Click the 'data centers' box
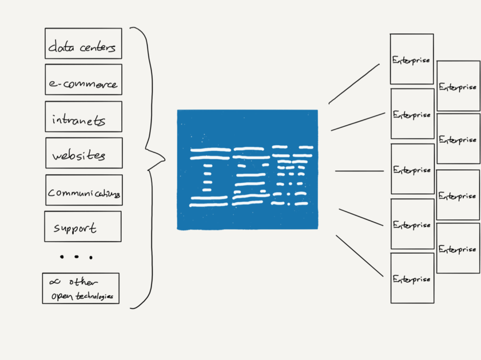tap(83, 43)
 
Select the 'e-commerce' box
tap(84, 79)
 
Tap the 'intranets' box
tap(84, 117)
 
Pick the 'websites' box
tap(84, 153)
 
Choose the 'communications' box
tap(84, 190)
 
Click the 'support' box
tap(82, 226)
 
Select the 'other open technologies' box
tap(81, 288)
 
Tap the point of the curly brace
tap(163, 158)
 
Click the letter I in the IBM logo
tap(208, 175)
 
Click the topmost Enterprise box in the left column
tap(412, 59)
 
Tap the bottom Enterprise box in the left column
tap(412, 278)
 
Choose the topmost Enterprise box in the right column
tap(458, 86)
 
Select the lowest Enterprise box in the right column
tap(458, 248)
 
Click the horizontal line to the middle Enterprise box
tap(359, 171)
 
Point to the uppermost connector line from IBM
tap(353, 84)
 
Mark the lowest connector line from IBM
tap(359, 255)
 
